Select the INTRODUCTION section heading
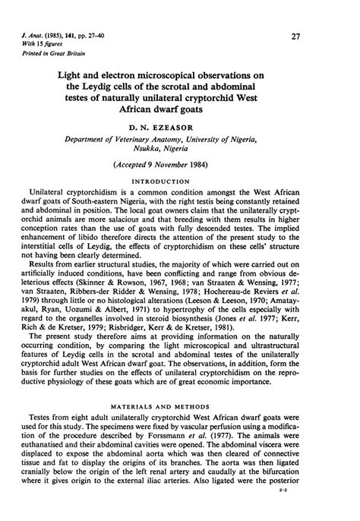point(179,182)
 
